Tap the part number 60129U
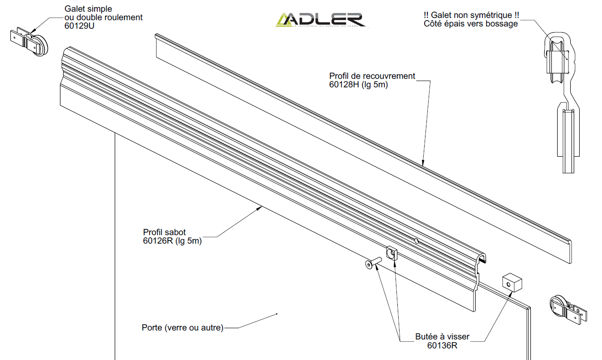80,26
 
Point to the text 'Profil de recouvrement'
372,76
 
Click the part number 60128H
344,85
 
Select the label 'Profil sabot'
164,232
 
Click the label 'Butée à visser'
443,337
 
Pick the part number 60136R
442,345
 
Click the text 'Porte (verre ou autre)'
182,328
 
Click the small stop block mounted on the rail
392,253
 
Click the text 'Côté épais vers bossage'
471,24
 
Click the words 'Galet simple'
88,9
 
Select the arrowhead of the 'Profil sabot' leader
260,207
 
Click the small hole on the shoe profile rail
417,241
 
